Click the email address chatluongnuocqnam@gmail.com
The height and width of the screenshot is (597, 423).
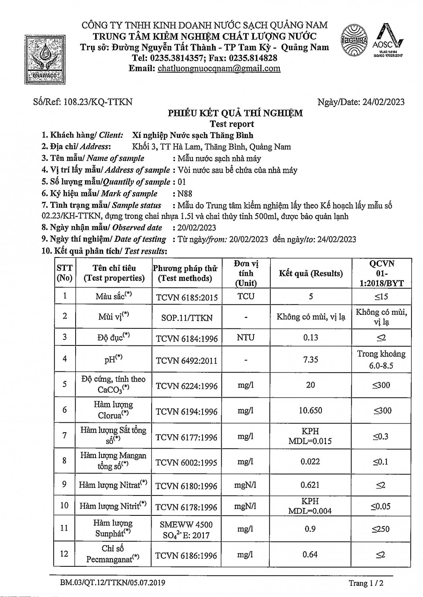tap(219, 68)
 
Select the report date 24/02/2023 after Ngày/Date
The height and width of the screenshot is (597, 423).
tap(384, 102)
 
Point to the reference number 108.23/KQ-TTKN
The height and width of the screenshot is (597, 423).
tap(96, 102)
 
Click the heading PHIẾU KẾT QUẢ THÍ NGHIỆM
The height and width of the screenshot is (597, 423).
tap(235, 113)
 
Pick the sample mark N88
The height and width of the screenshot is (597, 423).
tap(183, 193)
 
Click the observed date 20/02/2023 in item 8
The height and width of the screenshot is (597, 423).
tap(195, 228)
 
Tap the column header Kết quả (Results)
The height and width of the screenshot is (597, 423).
tap(311, 273)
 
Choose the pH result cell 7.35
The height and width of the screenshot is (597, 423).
tap(310, 359)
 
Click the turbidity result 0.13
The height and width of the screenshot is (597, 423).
tap(310, 338)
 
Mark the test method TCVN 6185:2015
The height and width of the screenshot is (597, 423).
tap(187, 297)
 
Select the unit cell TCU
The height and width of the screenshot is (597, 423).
tap(246, 297)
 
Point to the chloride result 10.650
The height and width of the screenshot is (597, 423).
tap(310, 410)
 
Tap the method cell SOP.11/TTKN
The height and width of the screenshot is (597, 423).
tap(187, 318)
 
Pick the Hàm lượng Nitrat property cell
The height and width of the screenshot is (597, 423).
tap(113, 485)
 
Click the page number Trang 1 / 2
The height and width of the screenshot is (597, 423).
tap(365, 583)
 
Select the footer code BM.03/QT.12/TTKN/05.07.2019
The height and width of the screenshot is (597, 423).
tap(111, 583)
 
